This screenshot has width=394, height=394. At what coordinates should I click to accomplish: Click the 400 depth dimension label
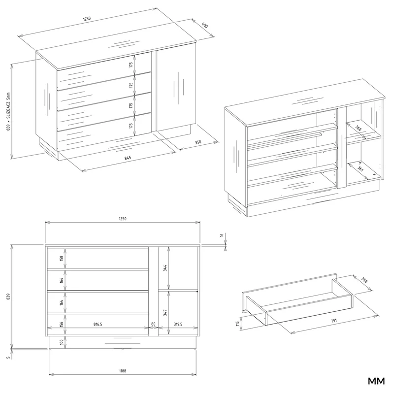[205, 25]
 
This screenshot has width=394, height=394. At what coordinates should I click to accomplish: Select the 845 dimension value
[128, 158]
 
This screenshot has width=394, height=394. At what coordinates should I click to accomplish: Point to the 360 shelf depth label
[359, 128]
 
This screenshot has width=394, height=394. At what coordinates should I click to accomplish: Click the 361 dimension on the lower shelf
[361, 168]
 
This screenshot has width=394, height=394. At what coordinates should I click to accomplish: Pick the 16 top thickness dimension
[222, 235]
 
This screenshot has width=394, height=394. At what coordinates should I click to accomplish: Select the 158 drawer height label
[62, 258]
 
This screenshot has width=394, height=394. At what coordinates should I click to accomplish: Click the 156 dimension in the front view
[62, 325]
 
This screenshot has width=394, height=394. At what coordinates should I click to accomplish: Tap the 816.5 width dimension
[98, 324]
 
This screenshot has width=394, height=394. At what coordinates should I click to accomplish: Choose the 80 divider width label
[153, 324]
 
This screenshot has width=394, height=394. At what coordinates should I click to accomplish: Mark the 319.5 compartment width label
[178, 324]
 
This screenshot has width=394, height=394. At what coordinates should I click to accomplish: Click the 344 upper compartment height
[165, 268]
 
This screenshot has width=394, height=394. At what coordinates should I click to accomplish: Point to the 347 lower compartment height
[165, 313]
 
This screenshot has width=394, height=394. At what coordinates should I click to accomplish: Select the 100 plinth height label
[62, 342]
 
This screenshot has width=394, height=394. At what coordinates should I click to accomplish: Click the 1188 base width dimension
[123, 371]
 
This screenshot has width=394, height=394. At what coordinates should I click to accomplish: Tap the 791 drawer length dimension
[334, 321]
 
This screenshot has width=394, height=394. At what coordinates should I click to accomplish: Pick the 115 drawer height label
[237, 324]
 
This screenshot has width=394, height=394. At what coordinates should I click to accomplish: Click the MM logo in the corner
[376, 381]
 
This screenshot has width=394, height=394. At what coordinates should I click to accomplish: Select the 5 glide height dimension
[8, 358]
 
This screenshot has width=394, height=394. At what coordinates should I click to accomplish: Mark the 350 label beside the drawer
[364, 280]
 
